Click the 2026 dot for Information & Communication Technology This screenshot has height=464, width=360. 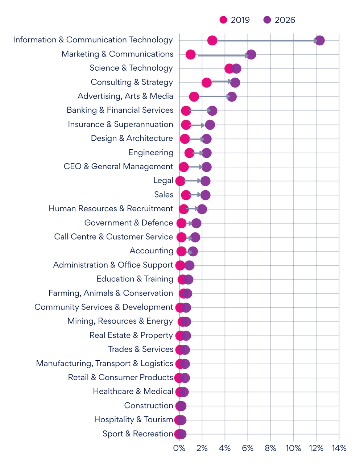tap(319, 40)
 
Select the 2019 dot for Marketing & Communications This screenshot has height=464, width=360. tap(190, 54)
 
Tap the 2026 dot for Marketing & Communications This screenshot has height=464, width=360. tap(251, 54)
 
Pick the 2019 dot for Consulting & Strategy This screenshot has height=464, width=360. tap(207, 83)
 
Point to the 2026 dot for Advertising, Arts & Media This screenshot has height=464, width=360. tap(232, 96)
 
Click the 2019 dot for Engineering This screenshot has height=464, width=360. tap(189, 153)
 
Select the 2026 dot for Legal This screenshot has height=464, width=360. tap(205, 181)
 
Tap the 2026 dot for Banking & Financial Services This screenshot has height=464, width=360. tap(212, 111)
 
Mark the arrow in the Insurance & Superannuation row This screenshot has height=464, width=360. tap(196, 125)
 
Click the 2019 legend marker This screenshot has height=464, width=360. tap(223, 20)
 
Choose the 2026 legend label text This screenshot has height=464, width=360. tap(285, 20)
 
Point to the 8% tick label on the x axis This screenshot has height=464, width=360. tap(270, 448)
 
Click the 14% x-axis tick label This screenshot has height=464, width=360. tap(339, 448)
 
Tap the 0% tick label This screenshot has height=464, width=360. tap(179, 448)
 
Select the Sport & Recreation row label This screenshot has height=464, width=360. tap(138, 434)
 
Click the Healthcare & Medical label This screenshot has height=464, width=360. tap(133, 391)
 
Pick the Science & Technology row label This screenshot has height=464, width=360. tap(131, 68)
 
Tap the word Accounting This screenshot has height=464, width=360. tap(152, 251)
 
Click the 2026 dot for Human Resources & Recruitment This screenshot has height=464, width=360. tap(202, 209)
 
